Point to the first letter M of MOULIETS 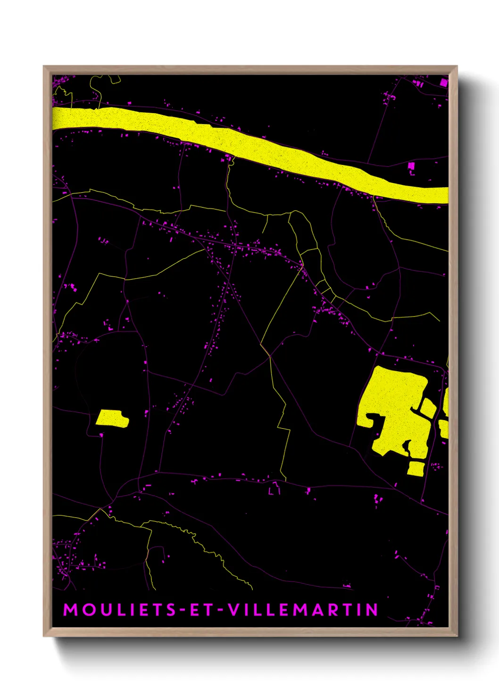click(x=70, y=610)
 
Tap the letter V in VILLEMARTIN click(x=234, y=610)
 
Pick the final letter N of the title click(x=373, y=610)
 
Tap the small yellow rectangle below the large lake click(x=416, y=468)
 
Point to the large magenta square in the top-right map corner click(x=443, y=82)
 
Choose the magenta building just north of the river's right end click(x=411, y=166)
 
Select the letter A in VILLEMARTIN click(x=316, y=610)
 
